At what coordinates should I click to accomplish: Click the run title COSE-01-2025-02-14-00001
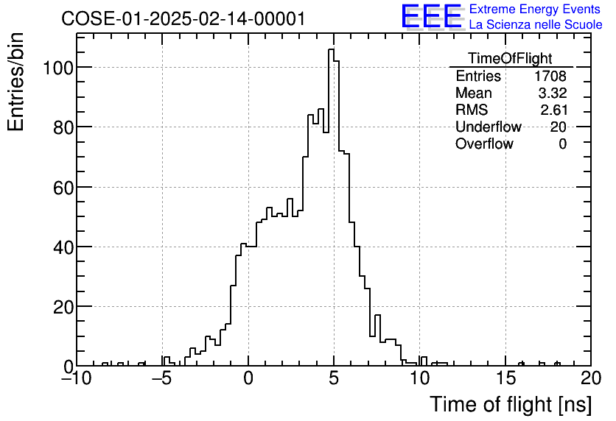pos(183,18)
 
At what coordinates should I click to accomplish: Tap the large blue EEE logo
pos(432,16)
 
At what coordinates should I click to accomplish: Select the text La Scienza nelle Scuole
pos(536,25)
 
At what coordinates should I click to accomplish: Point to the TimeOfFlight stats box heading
pos(510,59)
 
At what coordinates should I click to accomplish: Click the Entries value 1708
pos(550,77)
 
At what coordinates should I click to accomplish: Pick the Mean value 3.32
pos(553,93)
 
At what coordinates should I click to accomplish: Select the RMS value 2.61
pos(553,110)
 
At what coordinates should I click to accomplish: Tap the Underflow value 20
pos(558,127)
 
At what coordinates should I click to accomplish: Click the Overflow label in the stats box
pos(484,144)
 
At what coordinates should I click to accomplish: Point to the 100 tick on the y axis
pos(57,68)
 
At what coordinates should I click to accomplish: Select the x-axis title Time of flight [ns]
pos(510,404)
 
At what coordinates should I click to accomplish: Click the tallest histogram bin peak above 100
pos(332,50)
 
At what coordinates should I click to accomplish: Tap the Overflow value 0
pos(562,144)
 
